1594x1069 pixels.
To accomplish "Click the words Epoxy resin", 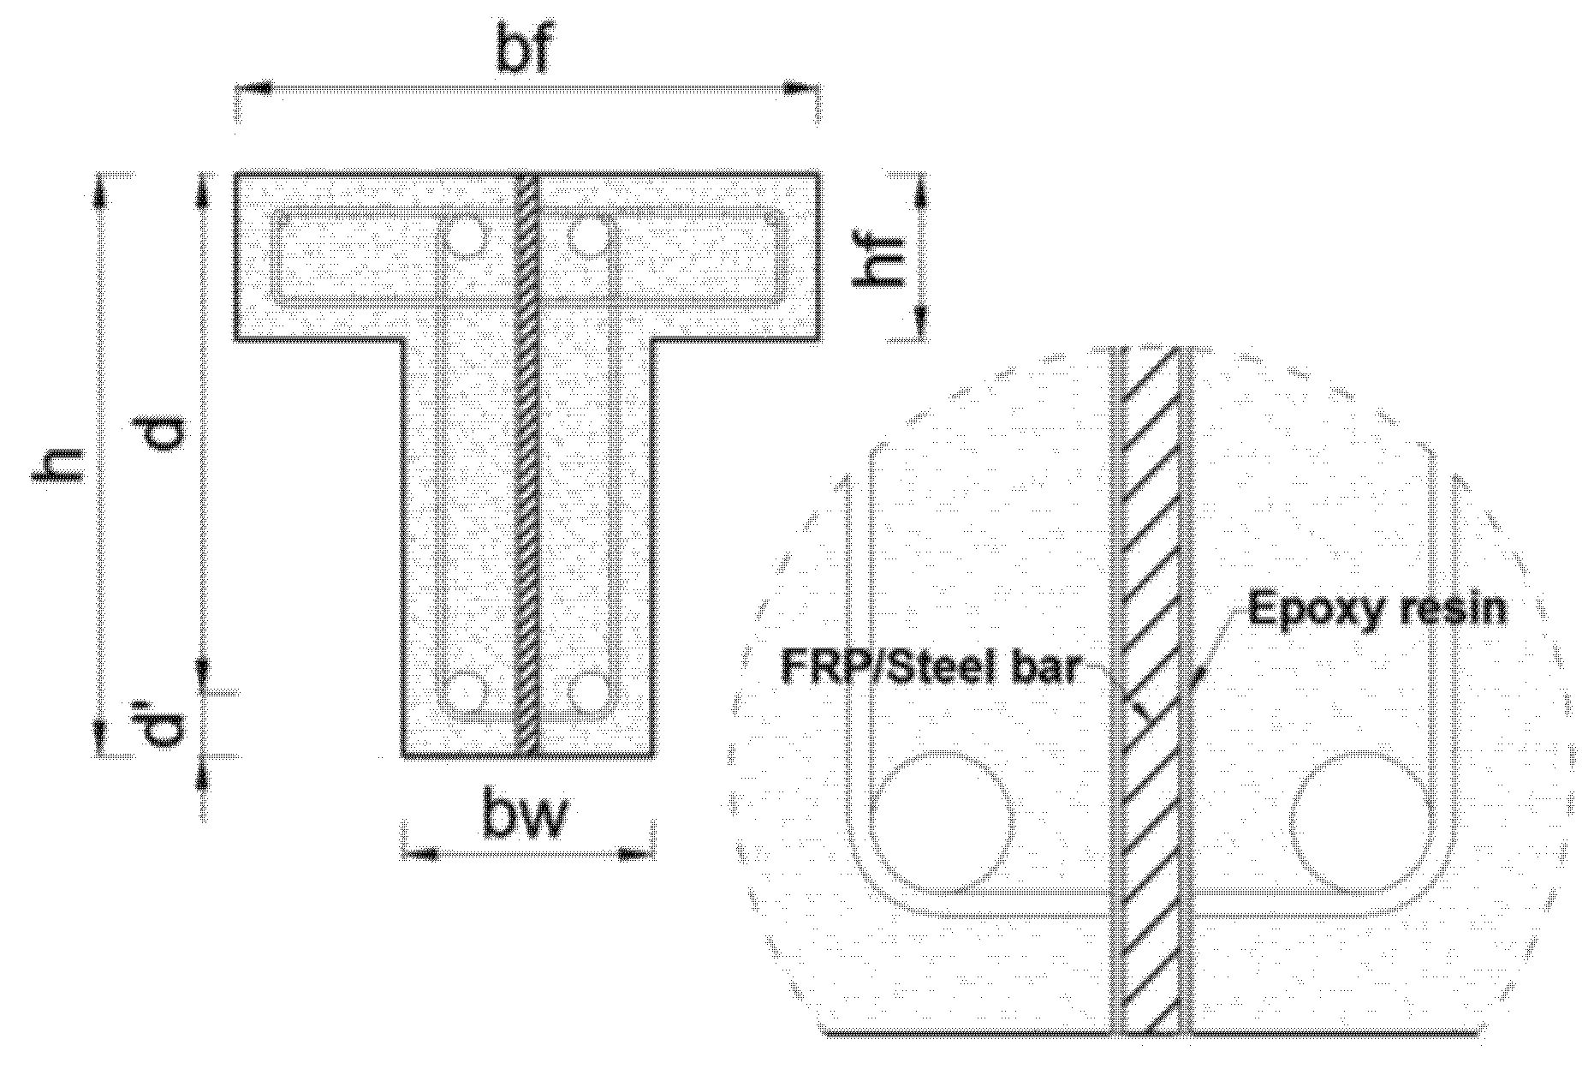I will (x=1377, y=608).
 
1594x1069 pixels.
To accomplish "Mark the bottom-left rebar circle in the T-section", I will (x=466, y=692).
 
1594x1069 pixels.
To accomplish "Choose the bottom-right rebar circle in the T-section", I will (x=588, y=692).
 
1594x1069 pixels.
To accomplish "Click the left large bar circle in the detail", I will (x=943, y=820).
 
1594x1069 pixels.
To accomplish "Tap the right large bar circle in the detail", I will (x=1361, y=820).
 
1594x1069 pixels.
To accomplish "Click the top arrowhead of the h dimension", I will (x=100, y=194).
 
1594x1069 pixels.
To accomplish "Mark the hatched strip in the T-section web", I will (x=528, y=463).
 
